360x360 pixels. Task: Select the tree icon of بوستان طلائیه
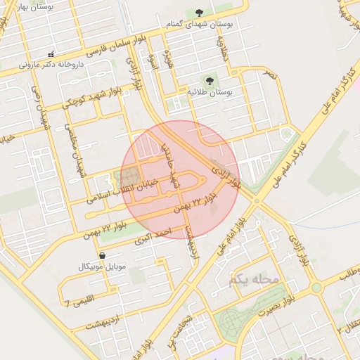210,81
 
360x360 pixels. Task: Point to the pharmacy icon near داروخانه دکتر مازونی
51,54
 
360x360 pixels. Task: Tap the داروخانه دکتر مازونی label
50,64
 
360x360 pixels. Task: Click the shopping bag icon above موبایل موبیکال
103,256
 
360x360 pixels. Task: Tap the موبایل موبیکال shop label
103,267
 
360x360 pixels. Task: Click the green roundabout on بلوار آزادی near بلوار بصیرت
316,287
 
